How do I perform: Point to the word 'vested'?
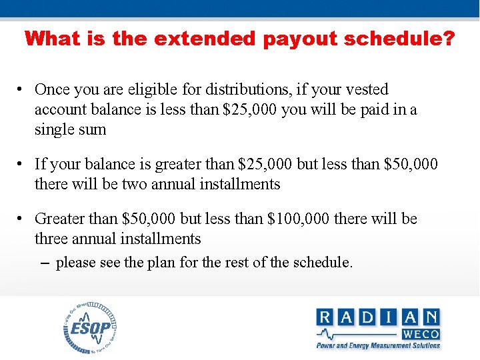pos(365,89)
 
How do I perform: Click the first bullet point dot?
pos(23,90)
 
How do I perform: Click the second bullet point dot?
pos(23,164)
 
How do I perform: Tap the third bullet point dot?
pos(23,219)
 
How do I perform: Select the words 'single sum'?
pos(71,129)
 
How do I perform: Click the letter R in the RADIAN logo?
pos(326,317)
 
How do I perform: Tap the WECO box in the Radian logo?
pos(420,333)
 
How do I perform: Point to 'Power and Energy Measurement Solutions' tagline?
pos(378,345)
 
